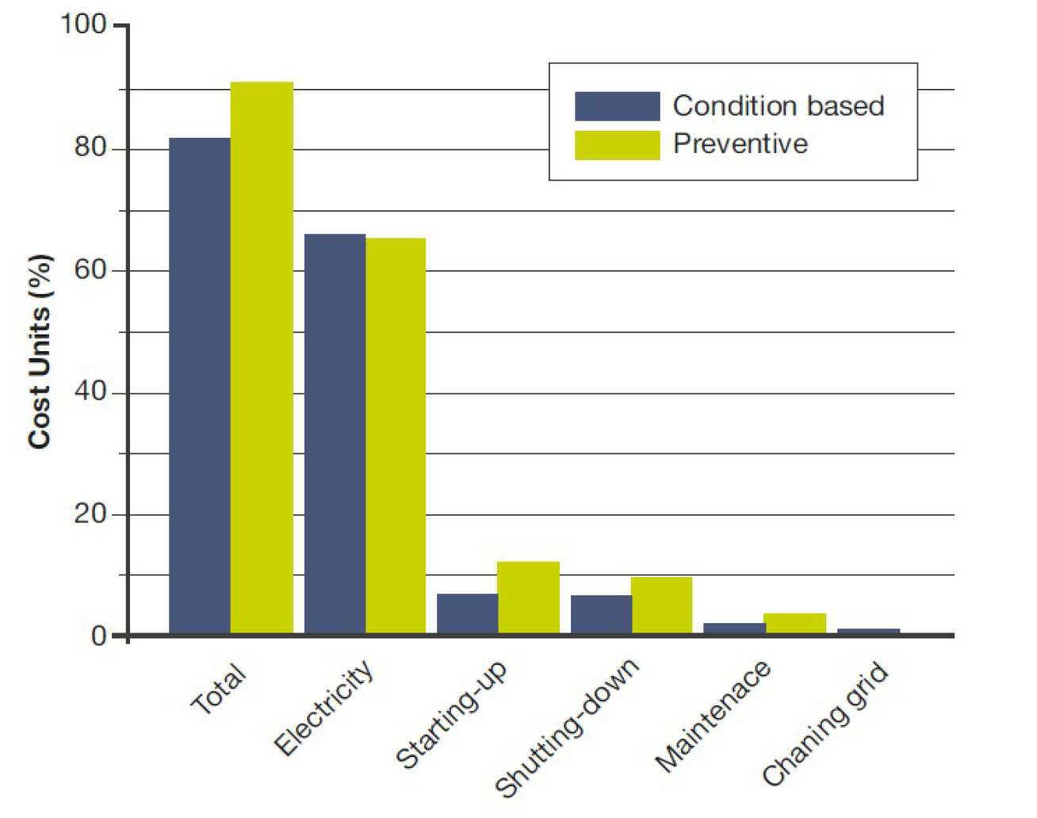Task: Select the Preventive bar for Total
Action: coord(262,357)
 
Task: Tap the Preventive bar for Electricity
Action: coord(396,436)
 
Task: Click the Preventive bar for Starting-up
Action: coord(529,598)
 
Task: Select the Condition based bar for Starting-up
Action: coord(468,613)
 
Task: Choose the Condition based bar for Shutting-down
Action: coord(601,614)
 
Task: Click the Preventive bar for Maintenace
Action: coord(795,623)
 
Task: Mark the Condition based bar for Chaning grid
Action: coord(868,631)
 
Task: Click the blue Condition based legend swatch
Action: coord(617,106)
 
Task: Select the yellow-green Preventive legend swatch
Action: coord(617,145)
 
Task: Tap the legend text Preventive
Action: coord(740,143)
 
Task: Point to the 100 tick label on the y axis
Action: coord(83,24)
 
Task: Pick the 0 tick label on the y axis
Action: coord(98,636)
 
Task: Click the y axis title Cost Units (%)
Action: coord(40,351)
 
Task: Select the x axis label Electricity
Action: coord(323,707)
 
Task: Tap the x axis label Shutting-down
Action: coord(567,726)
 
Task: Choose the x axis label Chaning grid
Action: coord(825,724)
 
